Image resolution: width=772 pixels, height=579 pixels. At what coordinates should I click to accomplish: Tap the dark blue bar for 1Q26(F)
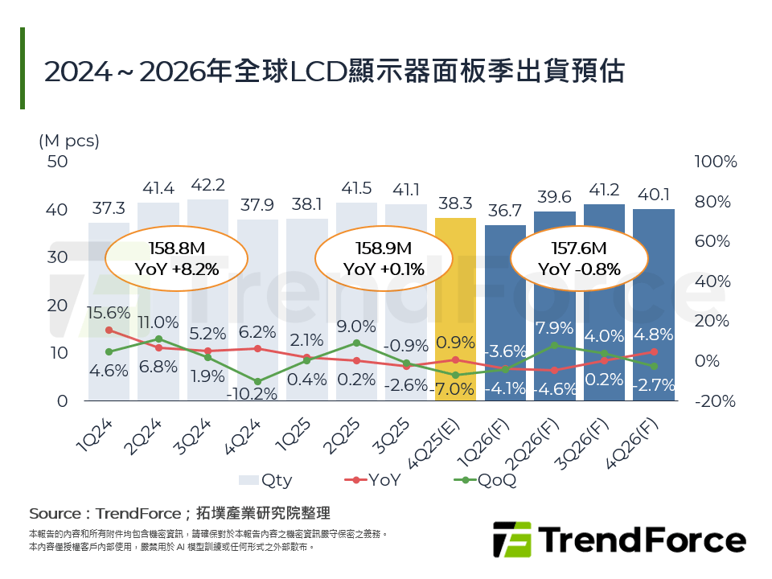tap(505, 314)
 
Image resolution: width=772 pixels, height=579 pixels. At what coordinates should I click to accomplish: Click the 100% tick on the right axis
tap(715, 162)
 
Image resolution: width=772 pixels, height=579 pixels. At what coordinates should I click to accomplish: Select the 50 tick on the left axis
tap(58, 162)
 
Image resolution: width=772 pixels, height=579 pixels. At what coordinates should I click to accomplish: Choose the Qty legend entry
tap(267, 480)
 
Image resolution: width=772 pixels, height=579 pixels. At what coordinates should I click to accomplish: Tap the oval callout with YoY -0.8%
tap(579, 258)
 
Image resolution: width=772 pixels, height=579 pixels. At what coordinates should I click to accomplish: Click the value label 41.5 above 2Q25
tap(355, 188)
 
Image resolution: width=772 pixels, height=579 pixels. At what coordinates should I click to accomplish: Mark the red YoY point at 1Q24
tap(109, 331)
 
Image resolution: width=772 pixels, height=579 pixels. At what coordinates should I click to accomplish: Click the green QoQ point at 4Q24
tap(257, 382)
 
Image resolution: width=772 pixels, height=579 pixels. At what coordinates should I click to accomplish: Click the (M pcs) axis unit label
tap(68, 141)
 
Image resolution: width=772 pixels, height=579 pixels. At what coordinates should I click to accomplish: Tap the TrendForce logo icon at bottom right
tap(512, 540)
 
